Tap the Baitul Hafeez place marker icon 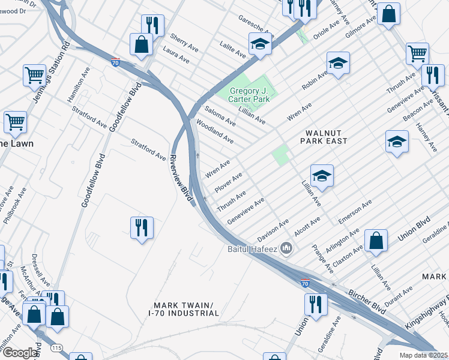(287, 247)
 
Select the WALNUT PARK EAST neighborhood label (326, 137)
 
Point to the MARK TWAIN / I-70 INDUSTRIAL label (184, 309)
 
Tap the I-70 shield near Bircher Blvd (305, 283)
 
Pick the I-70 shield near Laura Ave (115, 61)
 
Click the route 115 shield (56, 348)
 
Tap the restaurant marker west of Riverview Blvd (142, 227)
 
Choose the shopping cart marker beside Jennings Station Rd (35, 76)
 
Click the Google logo (20, 353)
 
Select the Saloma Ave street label (220, 115)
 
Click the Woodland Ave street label (215, 131)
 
